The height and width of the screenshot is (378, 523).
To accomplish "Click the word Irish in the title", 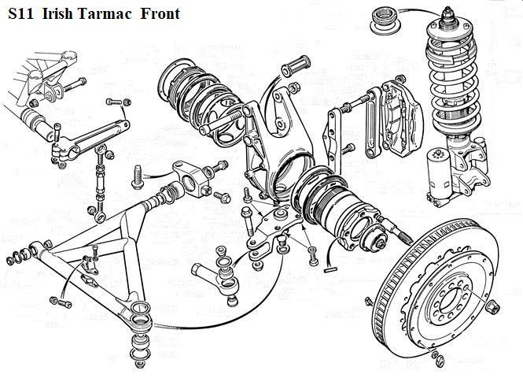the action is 57,13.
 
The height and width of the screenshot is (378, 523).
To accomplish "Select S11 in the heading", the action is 21,13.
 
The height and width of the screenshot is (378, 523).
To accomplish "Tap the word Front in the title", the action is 160,13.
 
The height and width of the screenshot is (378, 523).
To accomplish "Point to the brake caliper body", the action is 401,117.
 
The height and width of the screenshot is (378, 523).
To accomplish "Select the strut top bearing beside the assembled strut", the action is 385,21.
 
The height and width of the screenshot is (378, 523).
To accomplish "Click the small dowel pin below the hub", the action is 330,269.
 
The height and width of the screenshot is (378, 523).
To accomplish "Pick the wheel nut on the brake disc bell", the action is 493,307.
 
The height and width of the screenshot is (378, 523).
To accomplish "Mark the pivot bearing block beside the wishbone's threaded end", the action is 192,179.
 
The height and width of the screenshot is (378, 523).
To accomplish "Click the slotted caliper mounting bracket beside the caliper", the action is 372,123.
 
